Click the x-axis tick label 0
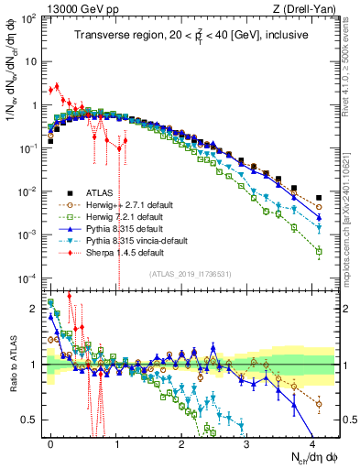pyautogui.click(x=51, y=443)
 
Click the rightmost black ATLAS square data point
pyautogui.click(x=318, y=197)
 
